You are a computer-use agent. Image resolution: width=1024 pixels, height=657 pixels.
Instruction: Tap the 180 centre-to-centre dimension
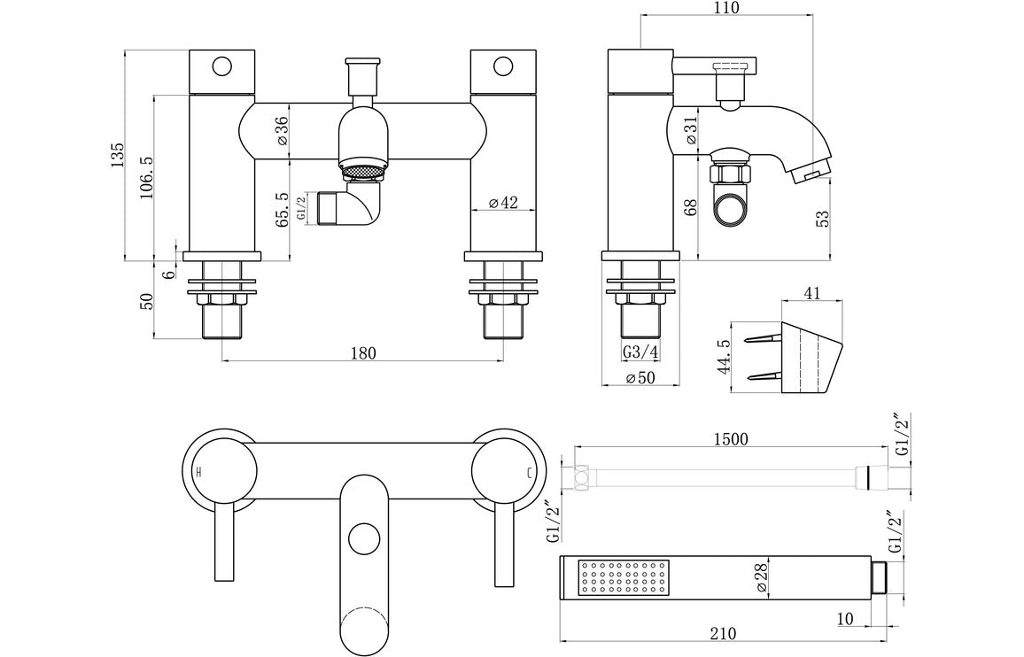363,352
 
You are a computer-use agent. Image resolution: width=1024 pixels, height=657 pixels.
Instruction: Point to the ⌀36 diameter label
281,131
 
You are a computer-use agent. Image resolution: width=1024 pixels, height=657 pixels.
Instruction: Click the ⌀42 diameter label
502,203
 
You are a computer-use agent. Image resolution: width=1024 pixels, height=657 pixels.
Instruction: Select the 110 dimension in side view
725,8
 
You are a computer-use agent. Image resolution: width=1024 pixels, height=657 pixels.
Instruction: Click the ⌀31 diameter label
691,132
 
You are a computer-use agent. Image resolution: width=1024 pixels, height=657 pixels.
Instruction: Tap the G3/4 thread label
640,352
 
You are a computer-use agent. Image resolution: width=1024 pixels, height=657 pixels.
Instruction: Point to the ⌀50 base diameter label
640,378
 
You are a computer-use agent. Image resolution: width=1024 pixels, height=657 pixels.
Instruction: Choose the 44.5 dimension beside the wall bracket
723,356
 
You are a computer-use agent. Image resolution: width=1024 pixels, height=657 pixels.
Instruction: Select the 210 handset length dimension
724,633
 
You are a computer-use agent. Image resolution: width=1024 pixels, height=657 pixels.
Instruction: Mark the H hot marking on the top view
198,472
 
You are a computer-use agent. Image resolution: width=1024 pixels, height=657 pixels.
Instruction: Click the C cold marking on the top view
530,472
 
